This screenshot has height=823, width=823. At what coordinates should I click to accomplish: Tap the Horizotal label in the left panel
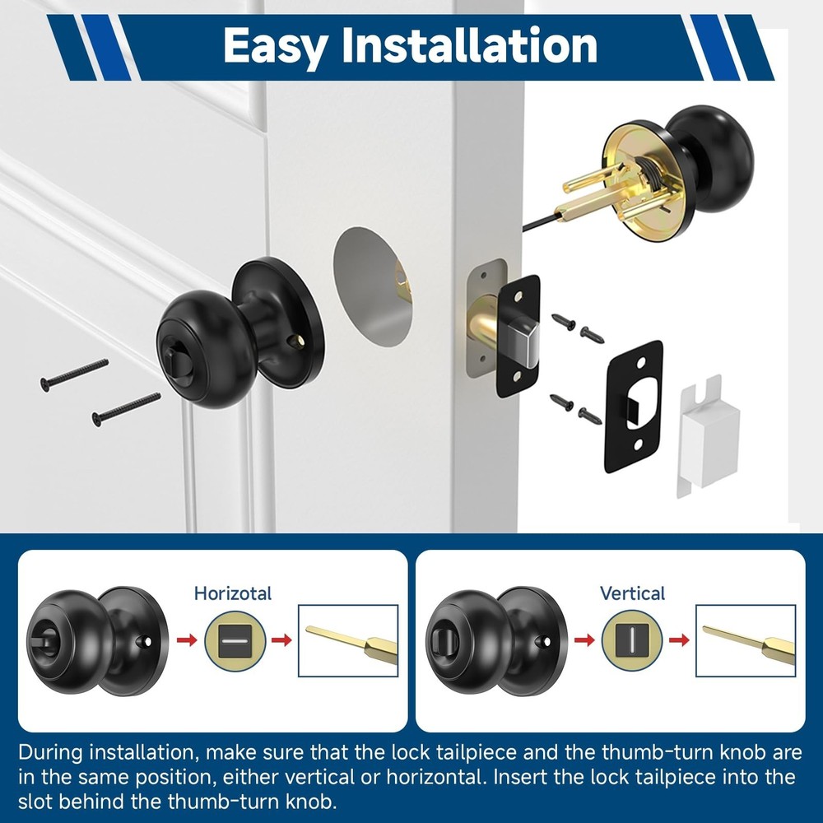[x=233, y=593]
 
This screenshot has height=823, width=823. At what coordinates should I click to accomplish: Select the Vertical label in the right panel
[x=632, y=593]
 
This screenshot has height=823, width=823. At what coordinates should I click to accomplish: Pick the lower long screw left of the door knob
[x=126, y=408]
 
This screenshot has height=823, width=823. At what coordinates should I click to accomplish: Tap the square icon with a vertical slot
[x=632, y=639]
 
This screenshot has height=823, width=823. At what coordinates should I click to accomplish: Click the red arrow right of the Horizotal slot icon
[x=281, y=639]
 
